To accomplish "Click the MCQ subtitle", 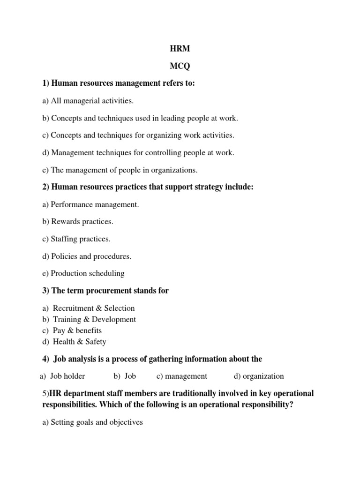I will pyautogui.click(x=180, y=67).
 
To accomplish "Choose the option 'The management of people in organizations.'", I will pyautogui.click(x=120, y=170).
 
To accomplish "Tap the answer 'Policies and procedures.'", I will pyautogui.click(x=87, y=256).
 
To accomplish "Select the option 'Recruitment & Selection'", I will pyautogui.click(x=93, y=308).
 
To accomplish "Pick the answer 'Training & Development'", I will pyautogui.click(x=94, y=319).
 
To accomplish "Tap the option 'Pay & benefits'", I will pyautogui.click(x=77, y=330).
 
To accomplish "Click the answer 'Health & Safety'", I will pyautogui.click(x=79, y=342).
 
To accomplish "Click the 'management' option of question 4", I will pyautogui.click(x=186, y=376).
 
